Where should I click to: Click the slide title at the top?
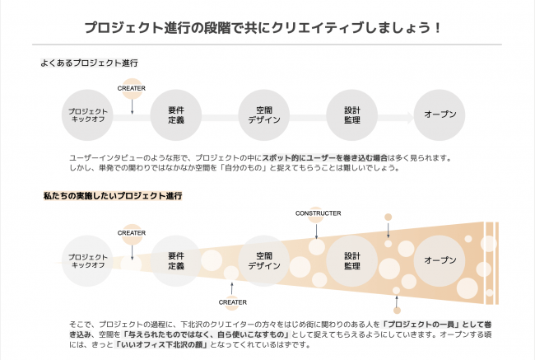[x=263, y=28]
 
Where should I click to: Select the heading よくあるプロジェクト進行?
[x=89, y=63]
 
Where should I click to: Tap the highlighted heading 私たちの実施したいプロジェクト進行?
[x=113, y=196]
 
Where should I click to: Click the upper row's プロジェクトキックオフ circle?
[x=87, y=115]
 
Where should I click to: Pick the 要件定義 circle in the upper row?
[x=176, y=115]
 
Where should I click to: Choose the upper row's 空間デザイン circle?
[x=264, y=115]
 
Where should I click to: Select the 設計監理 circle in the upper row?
[x=351, y=115]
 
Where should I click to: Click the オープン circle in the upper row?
[x=440, y=115]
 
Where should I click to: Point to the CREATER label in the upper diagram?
[x=132, y=88]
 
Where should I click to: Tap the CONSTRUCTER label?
[x=318, y=213]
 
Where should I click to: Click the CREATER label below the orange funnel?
[x=232, y=302]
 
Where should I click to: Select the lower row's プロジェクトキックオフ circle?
[x=87, y=261]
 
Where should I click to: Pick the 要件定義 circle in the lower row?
[x=176, y=261]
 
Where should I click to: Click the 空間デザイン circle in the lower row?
[x=264, y=261]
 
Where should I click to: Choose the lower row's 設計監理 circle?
[x=351, y=261]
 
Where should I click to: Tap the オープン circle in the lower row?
[x=440, y=261]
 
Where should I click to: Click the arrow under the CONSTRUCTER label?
[x=317, y=231]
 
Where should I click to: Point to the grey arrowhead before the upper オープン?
[x=409, y=118]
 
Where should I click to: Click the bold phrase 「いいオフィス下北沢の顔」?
[x=161, y=344]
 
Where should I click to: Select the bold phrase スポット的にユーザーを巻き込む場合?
[x=325, y=158]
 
